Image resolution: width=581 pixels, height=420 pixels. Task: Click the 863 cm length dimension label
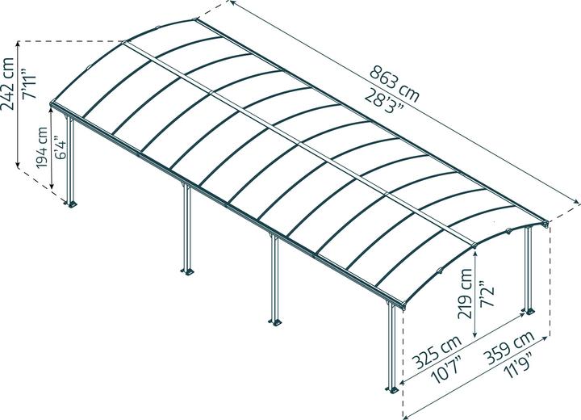[395, 83]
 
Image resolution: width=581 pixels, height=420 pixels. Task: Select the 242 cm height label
[8, 84]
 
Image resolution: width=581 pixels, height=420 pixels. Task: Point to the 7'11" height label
[29, 84]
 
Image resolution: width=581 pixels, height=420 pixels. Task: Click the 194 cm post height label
[42, 148]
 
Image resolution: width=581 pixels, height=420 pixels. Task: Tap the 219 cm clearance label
[465, 293]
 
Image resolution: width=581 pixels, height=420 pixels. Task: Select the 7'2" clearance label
[487, 292]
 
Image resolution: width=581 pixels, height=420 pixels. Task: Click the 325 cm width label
[437, 351]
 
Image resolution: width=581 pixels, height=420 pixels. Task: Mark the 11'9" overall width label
[520, 365]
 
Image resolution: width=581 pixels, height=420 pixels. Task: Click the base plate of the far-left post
[72, 204]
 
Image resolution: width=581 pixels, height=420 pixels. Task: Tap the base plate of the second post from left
[187, 271]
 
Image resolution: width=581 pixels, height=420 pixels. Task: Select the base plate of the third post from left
[275, 321]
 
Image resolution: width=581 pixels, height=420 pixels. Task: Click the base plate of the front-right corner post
[392, 389]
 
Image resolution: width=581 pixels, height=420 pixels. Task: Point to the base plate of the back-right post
[529, 310]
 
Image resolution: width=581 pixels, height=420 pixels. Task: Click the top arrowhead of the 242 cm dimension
[18, 44]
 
